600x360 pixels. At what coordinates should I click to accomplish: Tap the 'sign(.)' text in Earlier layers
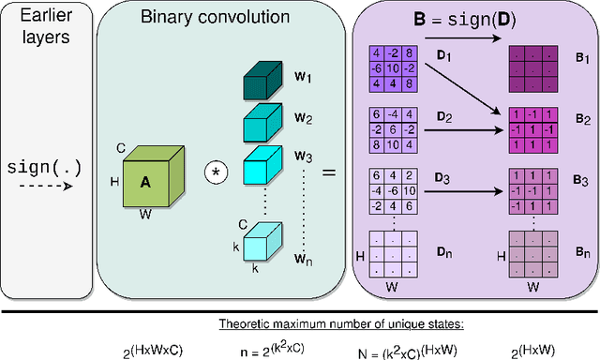43,168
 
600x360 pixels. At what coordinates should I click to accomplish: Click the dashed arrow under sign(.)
43,187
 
